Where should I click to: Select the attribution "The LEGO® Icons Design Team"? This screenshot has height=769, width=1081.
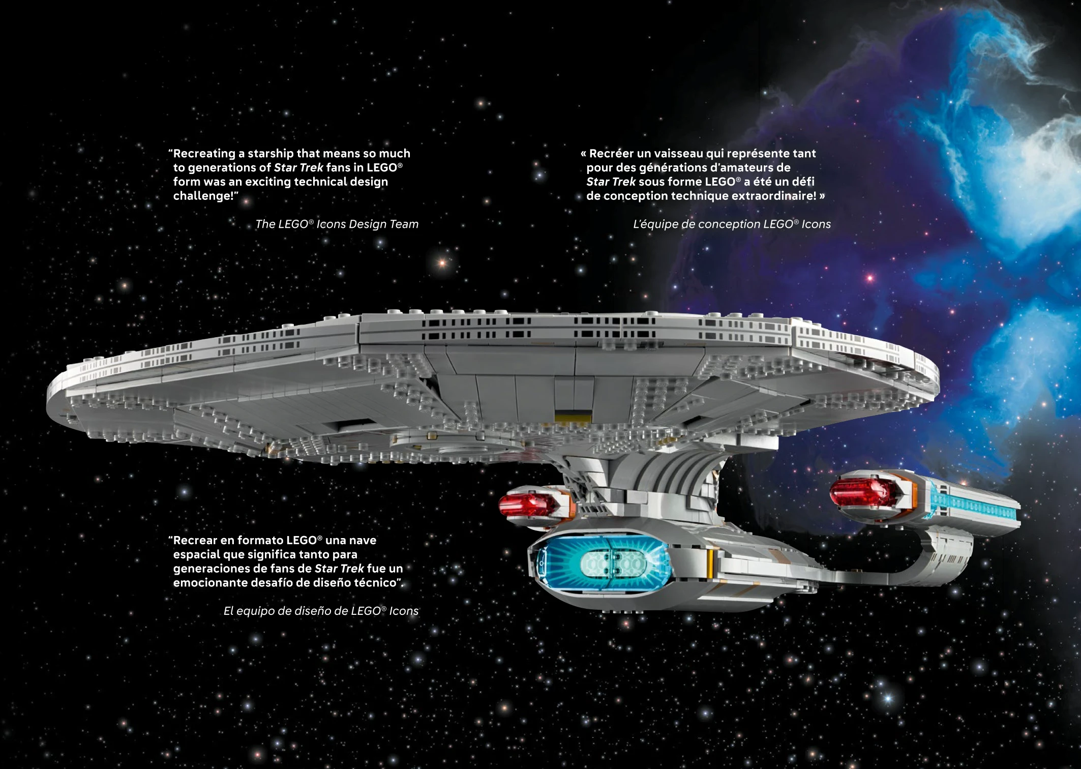(x=337, y=224)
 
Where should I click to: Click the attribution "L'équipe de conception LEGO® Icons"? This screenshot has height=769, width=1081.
(x=732, y=224)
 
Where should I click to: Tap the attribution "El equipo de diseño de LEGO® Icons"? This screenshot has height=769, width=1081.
(x=321, y=611)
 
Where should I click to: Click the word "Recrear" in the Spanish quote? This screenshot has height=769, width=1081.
(x=195, y=541)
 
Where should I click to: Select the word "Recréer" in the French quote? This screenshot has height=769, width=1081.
(x=611, y=154)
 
